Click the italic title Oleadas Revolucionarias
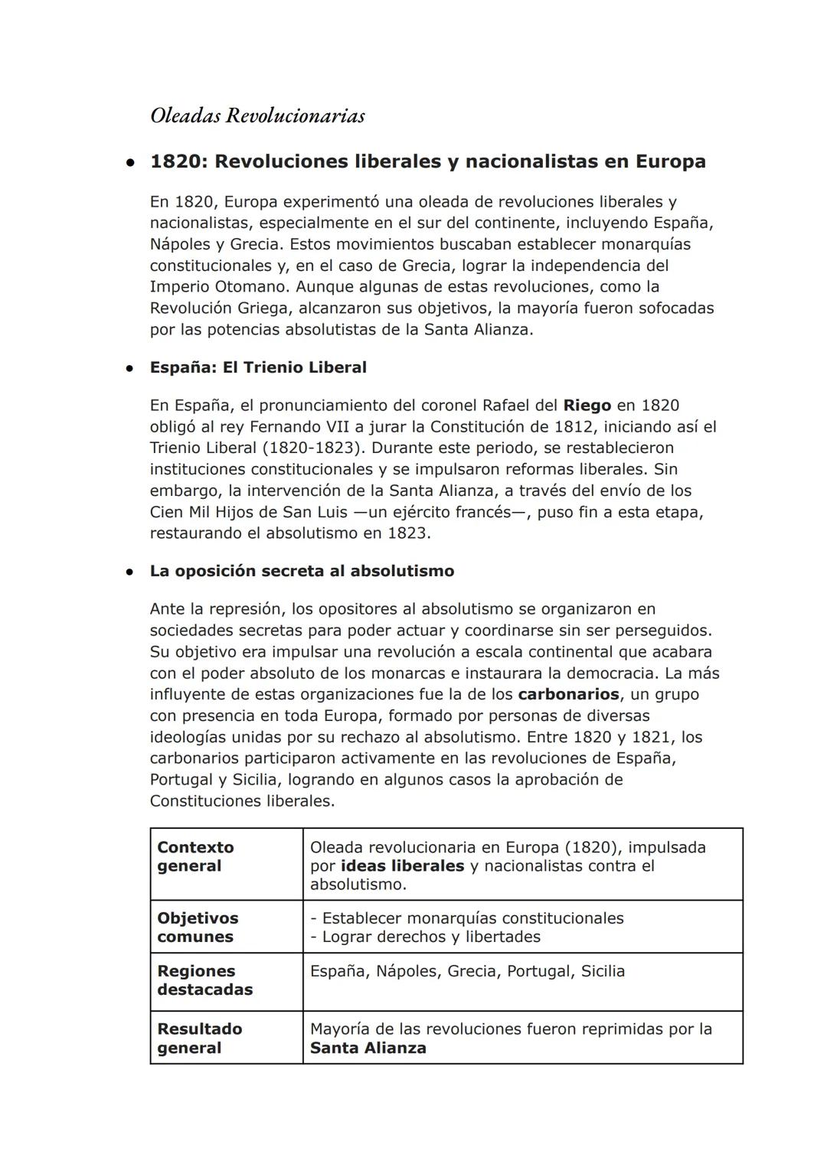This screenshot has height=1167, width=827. click(x=257, y=116)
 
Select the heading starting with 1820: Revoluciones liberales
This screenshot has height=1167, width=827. click(x=427, y=161)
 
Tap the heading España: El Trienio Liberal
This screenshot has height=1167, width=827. click(x=258, y=367)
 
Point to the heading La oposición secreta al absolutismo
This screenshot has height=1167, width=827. click(x=302, y=571)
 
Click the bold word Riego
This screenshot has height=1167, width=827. click(x=587, y=405)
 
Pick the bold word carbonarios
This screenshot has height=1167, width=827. click(x=568, y=694)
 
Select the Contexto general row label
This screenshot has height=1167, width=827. click(x=195, y=856)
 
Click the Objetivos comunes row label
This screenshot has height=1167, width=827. click(x=198, y=927)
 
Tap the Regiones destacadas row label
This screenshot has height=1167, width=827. click(x=204, y=980)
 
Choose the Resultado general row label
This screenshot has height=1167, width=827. click(x=199, y=1038)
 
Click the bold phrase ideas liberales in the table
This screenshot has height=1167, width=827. click(x=402, y=865)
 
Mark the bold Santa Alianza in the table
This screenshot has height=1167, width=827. click(x=368, y=1048)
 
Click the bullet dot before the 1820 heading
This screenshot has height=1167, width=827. click(x=132, y=162)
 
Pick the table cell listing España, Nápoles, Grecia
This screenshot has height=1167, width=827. click(x=467, y=971)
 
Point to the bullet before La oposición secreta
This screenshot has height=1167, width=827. click(x=132, y=572)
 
